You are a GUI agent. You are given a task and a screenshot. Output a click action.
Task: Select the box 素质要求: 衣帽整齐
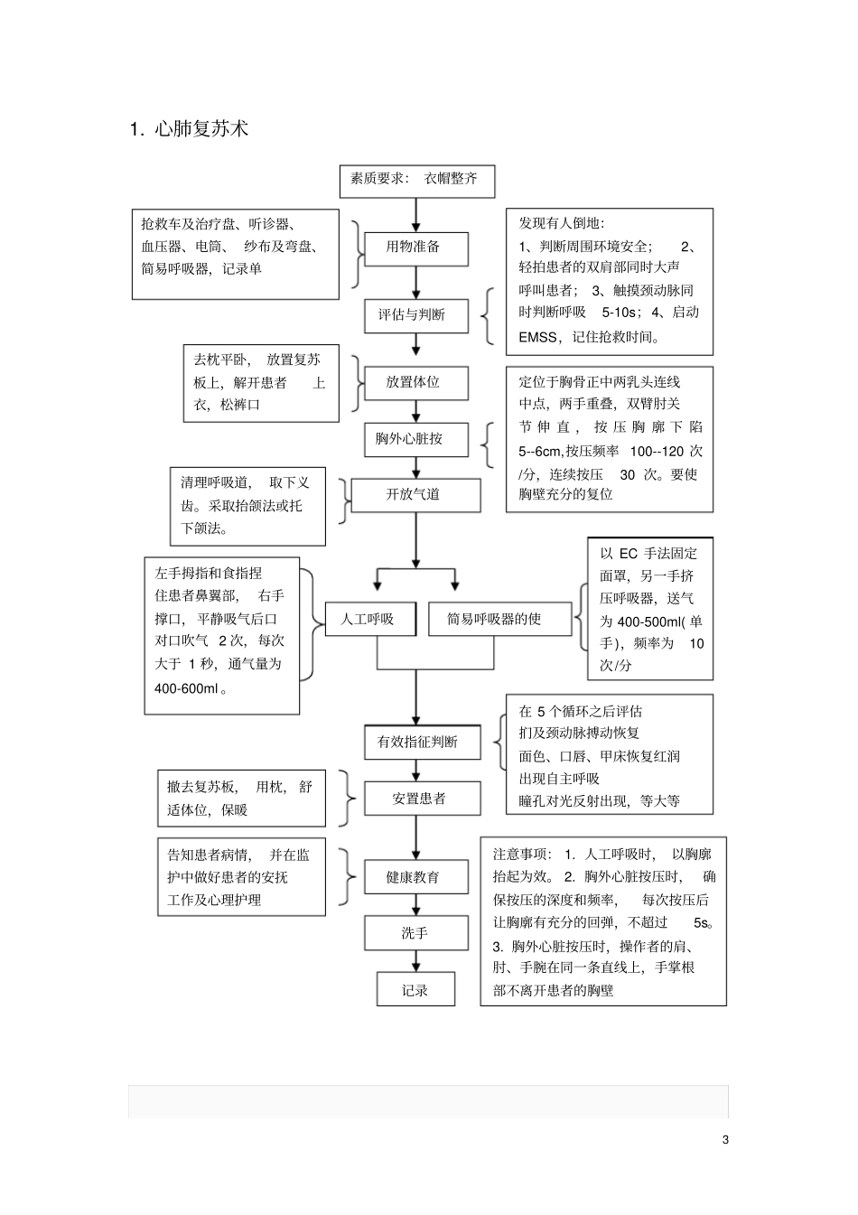[416, 180]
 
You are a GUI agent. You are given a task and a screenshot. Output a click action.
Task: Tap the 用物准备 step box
[415, 248]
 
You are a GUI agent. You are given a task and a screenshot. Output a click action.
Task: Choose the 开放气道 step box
[415, 495]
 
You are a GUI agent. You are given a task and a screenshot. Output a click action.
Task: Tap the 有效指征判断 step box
[417, 742]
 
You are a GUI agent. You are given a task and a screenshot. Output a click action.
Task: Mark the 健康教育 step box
[415, 877]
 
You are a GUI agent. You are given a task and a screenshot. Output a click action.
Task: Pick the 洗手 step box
[415, 933]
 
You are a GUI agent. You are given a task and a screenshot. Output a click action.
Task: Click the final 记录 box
[415, 990]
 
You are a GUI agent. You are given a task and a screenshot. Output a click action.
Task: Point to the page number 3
[725, 1140]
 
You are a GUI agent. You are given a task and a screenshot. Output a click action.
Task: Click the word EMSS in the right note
[538, 338]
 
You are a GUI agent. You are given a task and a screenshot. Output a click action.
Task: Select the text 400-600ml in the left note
[186, 688]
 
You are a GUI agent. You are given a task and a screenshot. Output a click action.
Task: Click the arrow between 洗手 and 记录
[416, 961]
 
